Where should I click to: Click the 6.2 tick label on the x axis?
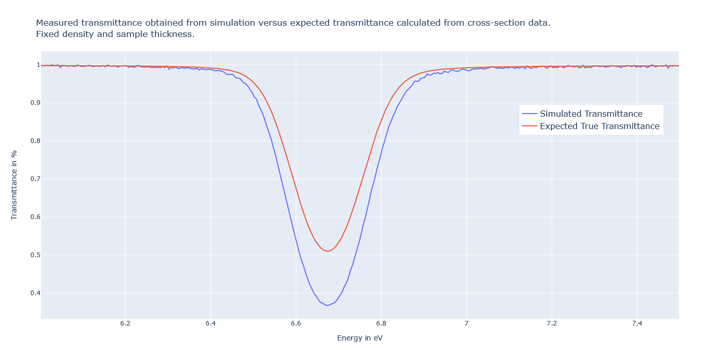coord(125,323)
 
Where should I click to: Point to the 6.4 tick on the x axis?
coord(210,323)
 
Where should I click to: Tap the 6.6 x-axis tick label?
coord(296,323)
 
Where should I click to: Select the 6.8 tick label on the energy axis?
coord(381,323)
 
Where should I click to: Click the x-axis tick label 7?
coord(466,323)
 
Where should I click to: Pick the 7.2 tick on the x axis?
coord(552,323)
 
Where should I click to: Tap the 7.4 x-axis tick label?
coord(637,323)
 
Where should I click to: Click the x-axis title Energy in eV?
coord(359,338)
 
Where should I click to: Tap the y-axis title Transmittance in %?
coord(14,185)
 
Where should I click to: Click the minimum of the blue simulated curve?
coord(327,305)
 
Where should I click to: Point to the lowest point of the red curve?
coord(327,251)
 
